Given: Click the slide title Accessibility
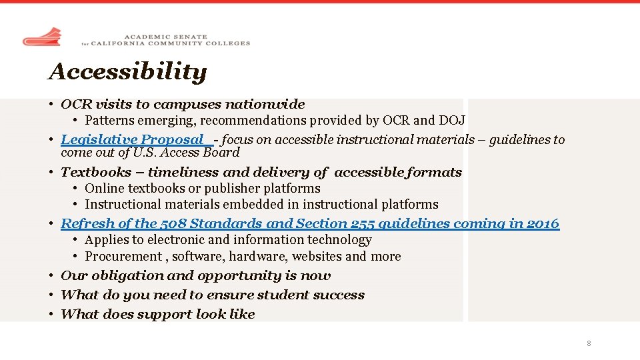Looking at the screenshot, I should [127, 71].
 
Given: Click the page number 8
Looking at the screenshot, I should [589, 343].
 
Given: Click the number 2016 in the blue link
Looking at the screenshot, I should [543, 223].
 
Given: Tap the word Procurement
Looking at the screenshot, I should [123, 256].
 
